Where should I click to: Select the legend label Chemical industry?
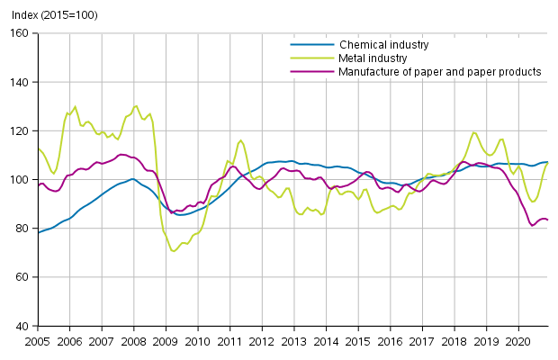(x=383, y=44)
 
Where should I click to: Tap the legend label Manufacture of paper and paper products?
(x=440, y=71)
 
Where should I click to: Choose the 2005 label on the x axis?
(x=38, y=342)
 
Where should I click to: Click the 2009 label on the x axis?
(x=166, y=342)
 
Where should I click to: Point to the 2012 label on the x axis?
(x=262, y=342)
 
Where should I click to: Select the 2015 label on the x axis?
(x=358, y=342)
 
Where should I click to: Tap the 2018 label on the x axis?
(x=454, y=342)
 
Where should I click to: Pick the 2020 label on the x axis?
(x=518, y=342)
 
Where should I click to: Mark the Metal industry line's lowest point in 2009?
(x=173, y=250)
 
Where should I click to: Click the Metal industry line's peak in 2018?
(x=474, y=132)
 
